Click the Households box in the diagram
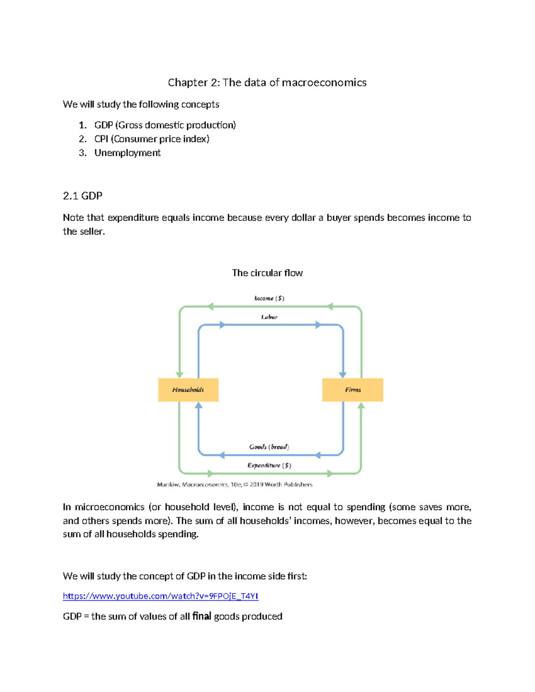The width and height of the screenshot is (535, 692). click(188, 390)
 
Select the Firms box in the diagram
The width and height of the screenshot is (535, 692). click(353, 390)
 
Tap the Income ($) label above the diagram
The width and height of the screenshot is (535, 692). click(269, 298)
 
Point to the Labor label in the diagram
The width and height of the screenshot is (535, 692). click(269, 317)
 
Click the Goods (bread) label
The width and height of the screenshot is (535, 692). click(269, 446)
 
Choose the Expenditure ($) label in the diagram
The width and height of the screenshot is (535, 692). click(269, 465)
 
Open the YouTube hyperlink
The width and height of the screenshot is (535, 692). click(160, 596)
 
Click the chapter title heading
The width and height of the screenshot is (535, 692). click(267, 82)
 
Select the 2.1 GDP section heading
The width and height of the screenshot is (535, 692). click(82, 196)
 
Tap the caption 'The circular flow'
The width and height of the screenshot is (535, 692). click(267, 273)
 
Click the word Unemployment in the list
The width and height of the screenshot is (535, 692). click(128, 153)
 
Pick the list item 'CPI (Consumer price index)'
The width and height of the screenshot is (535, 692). click(152, 139)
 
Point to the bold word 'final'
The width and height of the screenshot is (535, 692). click(202, 616)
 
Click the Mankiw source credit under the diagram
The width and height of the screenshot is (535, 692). click(235, 484)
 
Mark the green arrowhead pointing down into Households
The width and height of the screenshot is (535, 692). click(180, 375)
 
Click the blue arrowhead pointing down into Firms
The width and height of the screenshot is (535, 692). click(343, 375)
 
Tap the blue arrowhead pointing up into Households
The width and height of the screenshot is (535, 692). click(199, 405)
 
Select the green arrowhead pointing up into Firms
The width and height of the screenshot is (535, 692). click(361, 405)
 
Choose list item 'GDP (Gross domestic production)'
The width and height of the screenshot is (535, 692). click(165, 125)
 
